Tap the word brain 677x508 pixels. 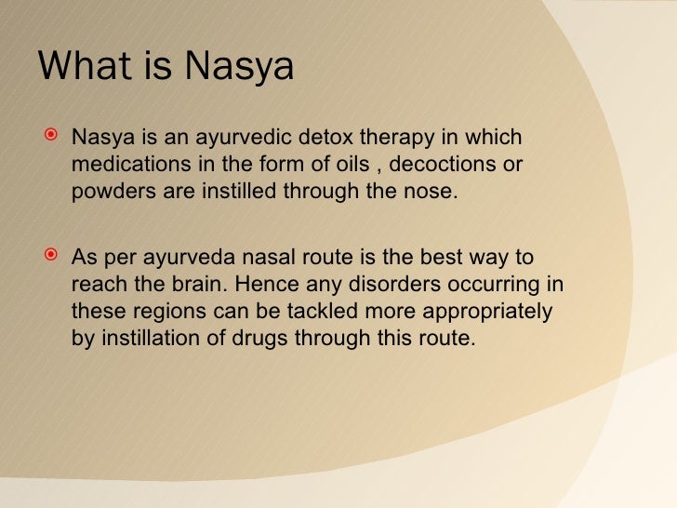pyautogui.click(x=195, y=283)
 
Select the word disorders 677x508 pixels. pyautogui.click(x=378, y=283)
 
